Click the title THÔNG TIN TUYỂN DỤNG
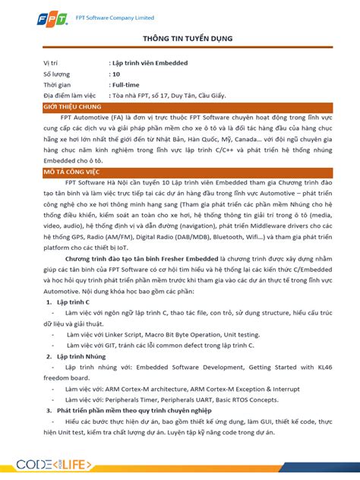tap(179, 38)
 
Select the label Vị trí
tap(52, 63)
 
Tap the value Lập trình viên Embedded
tap(150, 63)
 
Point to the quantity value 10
tap(115, 74)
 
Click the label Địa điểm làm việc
tap(70, 96)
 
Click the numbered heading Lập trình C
tap(74, 302)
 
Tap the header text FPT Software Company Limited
tap(114, 17)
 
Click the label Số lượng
tap(57, 74)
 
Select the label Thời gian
tap(56, 86)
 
